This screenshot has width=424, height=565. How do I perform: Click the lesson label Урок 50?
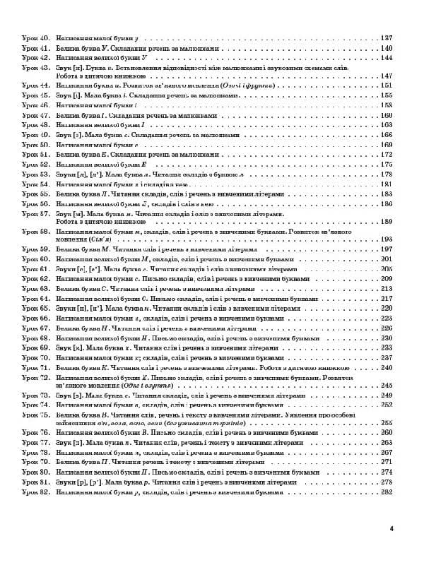(x=33, y=144)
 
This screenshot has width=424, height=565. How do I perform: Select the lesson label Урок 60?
(x=33, y=259)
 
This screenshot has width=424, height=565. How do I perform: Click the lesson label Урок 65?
(x=33, y=308)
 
